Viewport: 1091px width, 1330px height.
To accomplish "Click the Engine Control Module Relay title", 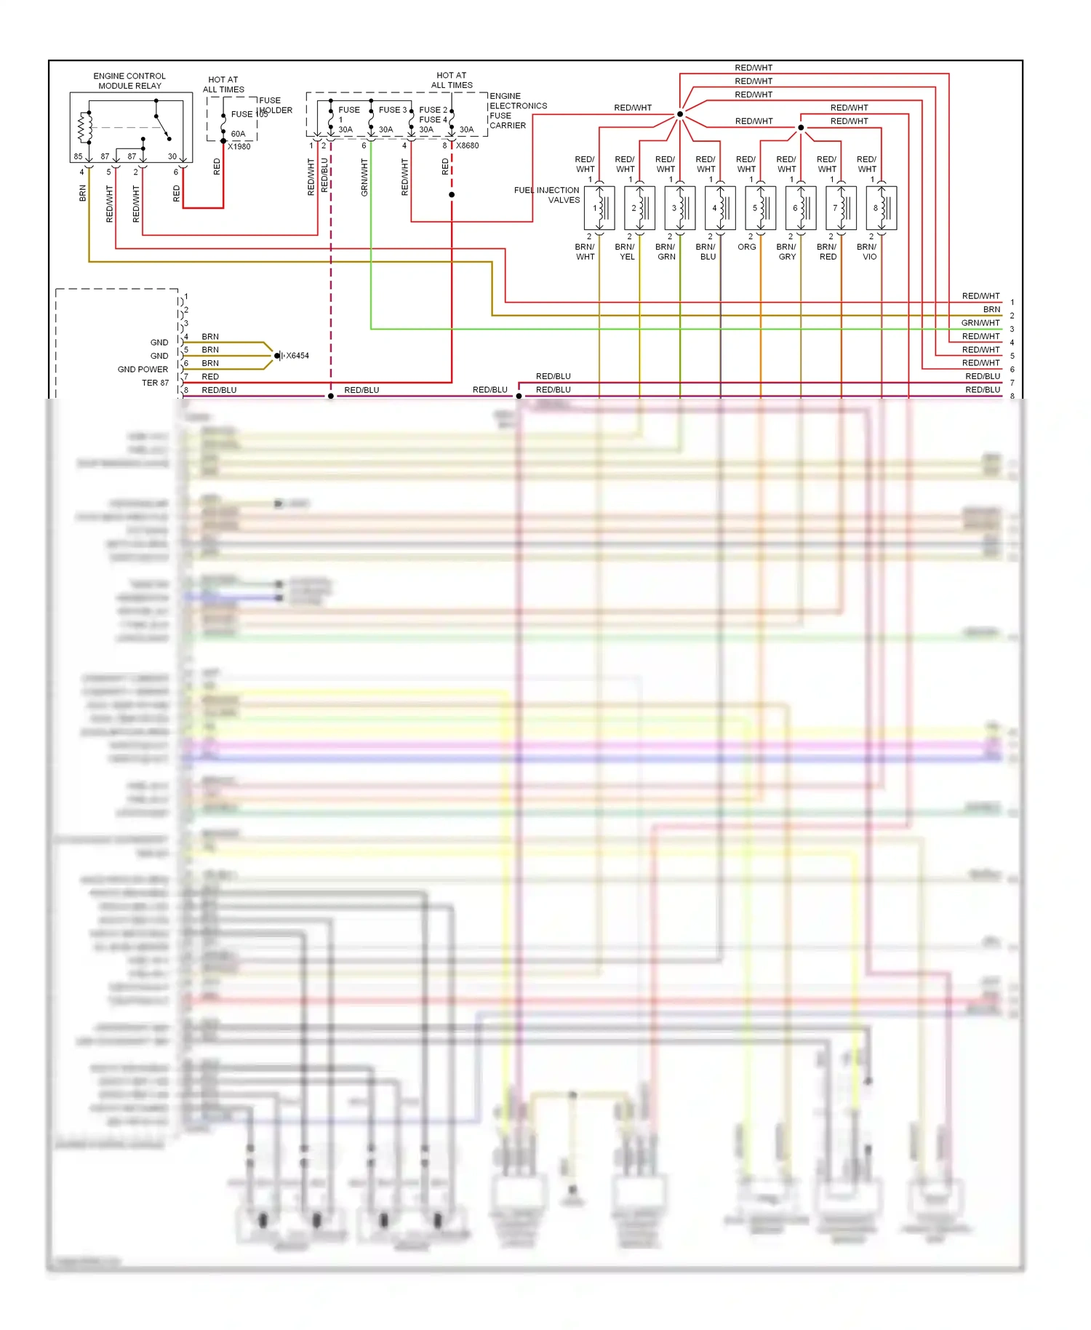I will point(129,81).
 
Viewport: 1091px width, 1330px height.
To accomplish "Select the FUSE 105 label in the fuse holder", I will point(249,114).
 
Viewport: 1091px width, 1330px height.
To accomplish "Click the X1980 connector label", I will point(239,146).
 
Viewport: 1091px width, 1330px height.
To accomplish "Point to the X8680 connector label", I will point(467,146).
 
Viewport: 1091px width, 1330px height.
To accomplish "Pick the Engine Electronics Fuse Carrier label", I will point(517,111).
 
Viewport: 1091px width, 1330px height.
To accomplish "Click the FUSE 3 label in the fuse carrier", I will point(392,110).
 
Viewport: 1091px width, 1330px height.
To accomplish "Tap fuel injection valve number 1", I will point(599,208).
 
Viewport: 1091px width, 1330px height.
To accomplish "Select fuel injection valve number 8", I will point(881,208).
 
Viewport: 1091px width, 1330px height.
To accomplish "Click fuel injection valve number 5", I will point(760,208).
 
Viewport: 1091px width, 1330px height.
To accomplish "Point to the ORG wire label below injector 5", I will point(747,247).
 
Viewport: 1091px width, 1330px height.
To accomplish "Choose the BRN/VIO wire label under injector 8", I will point(868,252).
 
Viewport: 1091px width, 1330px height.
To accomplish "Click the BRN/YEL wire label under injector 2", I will point(626,252).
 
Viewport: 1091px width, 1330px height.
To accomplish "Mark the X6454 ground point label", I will point(297,356).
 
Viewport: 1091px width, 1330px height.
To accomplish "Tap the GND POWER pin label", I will point(143,370).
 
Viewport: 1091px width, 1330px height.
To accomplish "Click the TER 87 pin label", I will point(155,383).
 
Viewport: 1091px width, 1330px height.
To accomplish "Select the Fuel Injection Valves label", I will point(547,195).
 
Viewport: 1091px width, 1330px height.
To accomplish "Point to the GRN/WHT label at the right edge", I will point(980,323).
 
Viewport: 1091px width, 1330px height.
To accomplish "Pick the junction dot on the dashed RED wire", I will point(452,195).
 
